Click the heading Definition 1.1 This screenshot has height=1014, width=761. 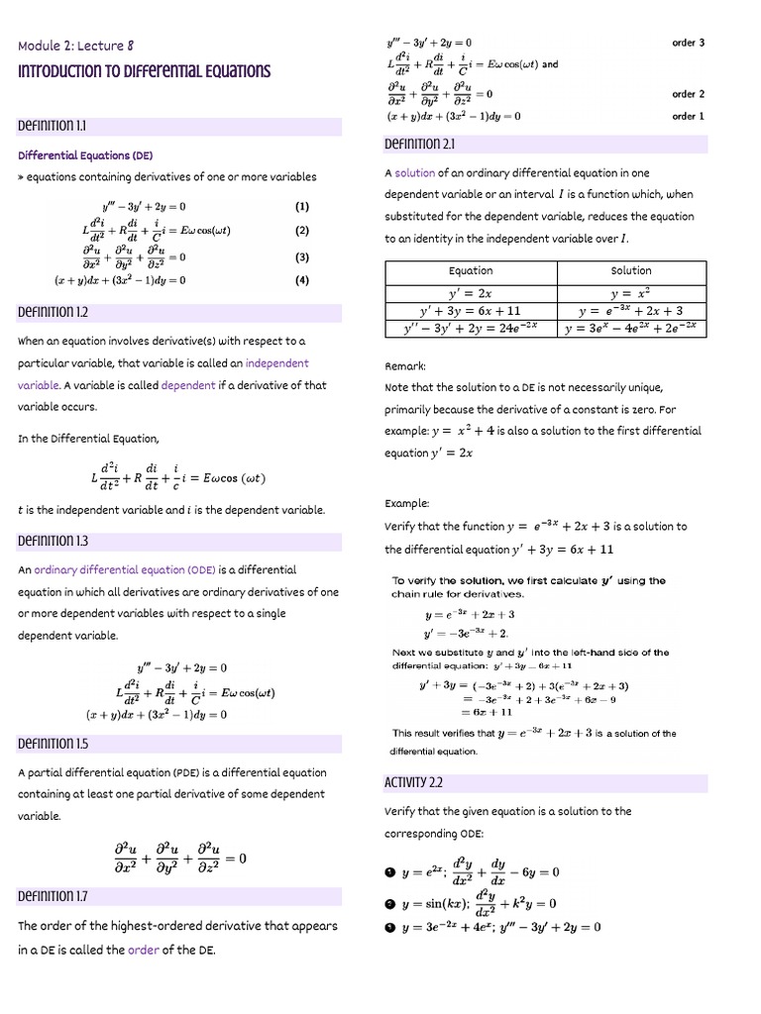point(53,127)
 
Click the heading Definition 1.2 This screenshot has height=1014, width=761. point(53,312)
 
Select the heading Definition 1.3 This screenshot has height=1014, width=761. point(53,541)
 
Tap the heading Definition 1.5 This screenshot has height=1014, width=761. point(53,743)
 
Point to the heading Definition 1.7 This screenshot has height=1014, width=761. point(53,896)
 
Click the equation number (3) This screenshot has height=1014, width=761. point(302,257)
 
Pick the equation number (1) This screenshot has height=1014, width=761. point(302,207)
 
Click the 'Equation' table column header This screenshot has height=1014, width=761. point(471,270)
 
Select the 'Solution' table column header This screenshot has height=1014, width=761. point(631,270)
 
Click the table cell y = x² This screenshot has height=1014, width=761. point(631,293)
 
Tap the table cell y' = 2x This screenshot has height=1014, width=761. point(471,293)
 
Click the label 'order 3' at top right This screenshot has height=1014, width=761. point(688,43)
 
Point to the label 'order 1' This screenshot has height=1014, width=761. point(688,116)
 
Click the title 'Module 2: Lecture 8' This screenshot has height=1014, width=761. point(75,46)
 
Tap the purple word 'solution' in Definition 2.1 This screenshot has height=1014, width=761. point(415,173)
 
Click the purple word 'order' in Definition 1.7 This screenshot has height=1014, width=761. point(144,950)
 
